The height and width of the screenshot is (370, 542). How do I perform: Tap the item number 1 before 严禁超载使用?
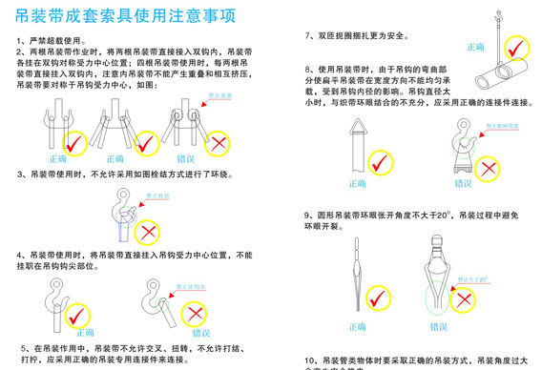pos(20,42)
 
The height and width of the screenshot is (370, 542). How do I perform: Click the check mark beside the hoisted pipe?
pos(517,48)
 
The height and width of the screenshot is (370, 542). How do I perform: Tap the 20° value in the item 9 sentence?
pos(436,215)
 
